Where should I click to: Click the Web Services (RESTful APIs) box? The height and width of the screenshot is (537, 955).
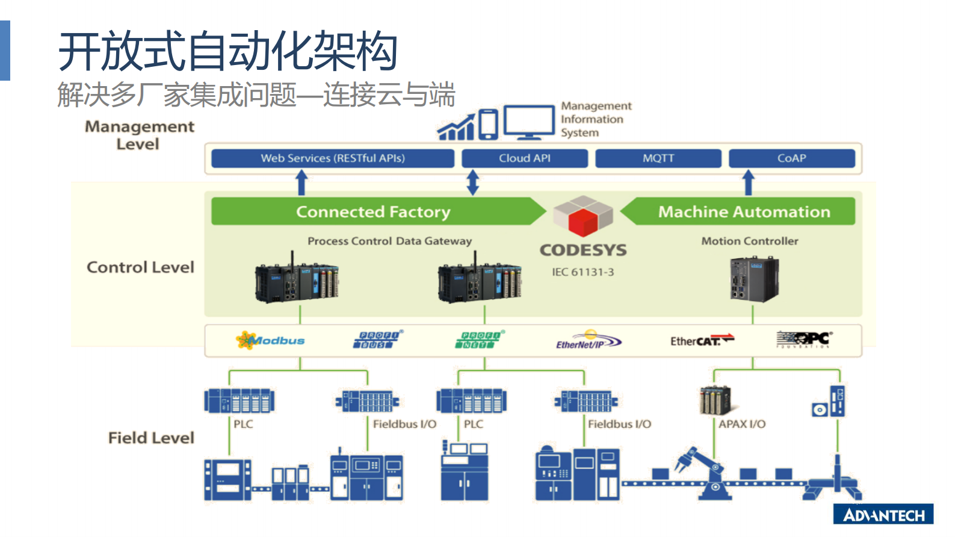pyautogui.click(x=333, y=158)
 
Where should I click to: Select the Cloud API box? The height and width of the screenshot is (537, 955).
pyautogui.click(x=524, y=158)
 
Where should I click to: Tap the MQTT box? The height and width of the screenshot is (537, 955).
pyautogui.click(x=658, y=158)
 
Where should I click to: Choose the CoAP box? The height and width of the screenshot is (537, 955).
pyautogui.click(x=791, y=158)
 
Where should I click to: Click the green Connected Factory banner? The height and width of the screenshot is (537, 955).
pyautogui.click(x=373, y=212)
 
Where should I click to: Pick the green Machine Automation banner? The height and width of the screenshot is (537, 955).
pyautogui.click(x=744, y=212)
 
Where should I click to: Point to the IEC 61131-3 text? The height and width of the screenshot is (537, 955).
pyautogui.click(x=583, y=272)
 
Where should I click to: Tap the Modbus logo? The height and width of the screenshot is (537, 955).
pyautogui.click(x=271, y=340)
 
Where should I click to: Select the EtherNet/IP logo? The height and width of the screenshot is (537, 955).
pyautogui.click(x=588, y=341)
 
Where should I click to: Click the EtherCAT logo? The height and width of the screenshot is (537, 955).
pyautogui.click(x=702, y=341)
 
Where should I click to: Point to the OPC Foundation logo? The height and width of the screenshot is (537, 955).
pyautogui.click(x=803, y=340)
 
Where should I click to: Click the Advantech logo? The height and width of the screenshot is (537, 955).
pyautogui.click(x=883, y=515)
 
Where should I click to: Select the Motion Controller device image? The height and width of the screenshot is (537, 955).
pyautogui.click(x=754, y=279)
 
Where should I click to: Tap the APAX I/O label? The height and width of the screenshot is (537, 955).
pyautogui.click(x=741, y=424)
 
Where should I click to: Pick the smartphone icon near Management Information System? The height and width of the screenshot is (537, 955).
pyautogui.click(x=488, y=124)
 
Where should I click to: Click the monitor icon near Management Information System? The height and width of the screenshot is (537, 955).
pyautogui.click(x=529, y=122)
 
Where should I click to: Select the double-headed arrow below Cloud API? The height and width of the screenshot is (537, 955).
pyautogui.click(x=473, y=182)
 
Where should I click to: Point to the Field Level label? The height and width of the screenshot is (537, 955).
pyautogui.click(x=151, y=438)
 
